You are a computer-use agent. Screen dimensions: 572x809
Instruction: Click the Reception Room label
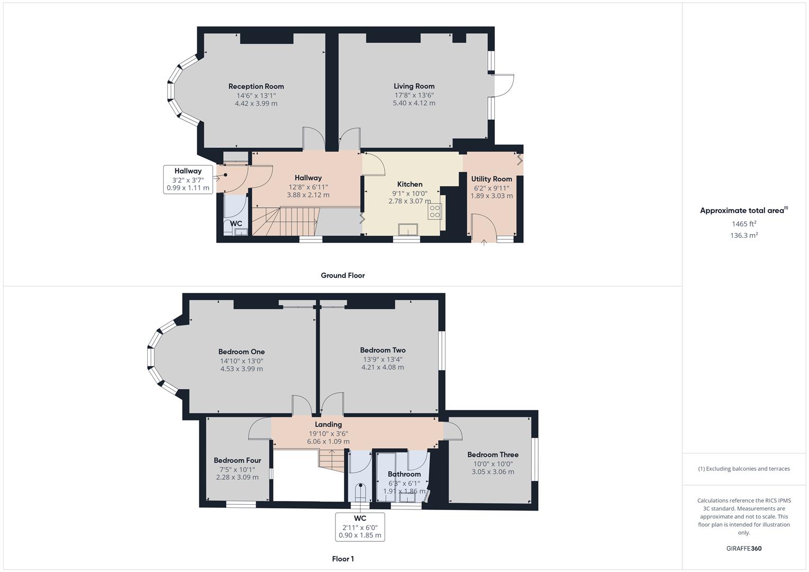[256, 86]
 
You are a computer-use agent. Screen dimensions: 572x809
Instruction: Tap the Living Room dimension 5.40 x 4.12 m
[414, 103]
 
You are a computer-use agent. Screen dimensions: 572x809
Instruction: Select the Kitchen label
[410, 184]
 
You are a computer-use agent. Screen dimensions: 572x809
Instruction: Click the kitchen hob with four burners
[434, 211]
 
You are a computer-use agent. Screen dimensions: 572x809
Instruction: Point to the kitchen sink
[408, 229]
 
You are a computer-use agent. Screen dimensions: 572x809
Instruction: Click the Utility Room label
[491, 179]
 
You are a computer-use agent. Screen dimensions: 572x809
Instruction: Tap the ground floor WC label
[236, 224]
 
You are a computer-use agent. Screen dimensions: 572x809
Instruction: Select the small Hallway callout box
[188, 179]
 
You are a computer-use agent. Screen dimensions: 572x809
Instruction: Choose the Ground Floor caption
[342, 275]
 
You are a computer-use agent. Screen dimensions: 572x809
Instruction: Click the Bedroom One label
[241, 352]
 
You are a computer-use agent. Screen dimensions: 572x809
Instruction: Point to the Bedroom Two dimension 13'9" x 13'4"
[383, 359]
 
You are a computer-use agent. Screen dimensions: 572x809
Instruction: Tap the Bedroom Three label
[493, 454]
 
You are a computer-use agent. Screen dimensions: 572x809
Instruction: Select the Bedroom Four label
[237, 460]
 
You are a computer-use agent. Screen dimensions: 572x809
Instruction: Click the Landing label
[328, 424]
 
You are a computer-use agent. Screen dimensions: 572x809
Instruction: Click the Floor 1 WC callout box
[360, 526]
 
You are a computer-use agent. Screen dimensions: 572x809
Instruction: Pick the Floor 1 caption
[342, 559]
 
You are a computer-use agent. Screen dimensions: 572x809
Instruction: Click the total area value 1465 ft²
[744, 224]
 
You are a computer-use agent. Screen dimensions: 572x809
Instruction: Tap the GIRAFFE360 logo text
[743, 548]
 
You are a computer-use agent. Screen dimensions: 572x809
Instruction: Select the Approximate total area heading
[743, 210]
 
